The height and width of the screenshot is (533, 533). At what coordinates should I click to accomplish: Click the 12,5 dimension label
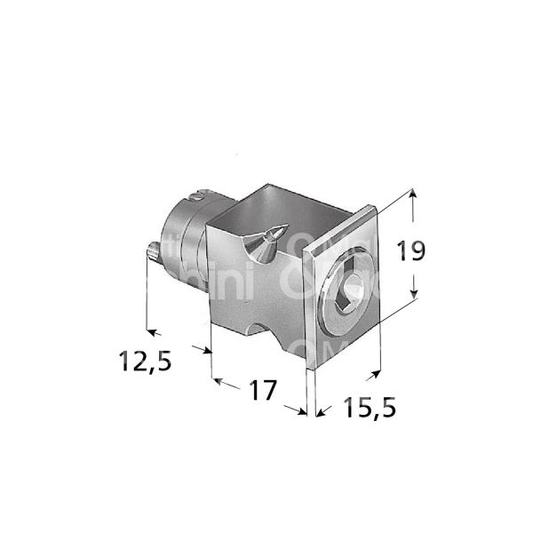pyautogui.click(x=145, y=361)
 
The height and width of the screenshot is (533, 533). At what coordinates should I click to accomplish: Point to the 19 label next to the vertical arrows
pyautogui.click(x=410, y=251)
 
